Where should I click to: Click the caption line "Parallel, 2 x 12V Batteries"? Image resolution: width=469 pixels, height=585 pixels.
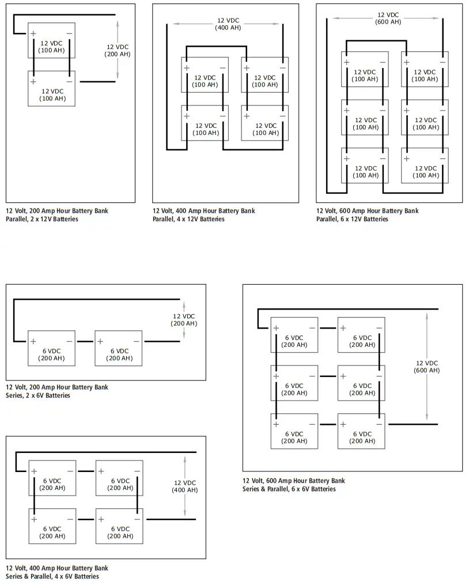coord(42,219)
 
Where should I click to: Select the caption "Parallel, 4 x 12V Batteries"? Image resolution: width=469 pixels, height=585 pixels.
coord(189,219)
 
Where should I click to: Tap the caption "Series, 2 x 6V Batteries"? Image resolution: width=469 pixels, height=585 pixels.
coord(38,395)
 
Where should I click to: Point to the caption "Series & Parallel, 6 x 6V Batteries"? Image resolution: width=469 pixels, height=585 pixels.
coord(289,489)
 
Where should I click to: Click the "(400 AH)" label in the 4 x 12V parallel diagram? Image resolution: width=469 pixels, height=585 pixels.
coord(228,28)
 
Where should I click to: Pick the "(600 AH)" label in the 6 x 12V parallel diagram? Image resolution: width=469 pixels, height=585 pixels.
coord(388,22)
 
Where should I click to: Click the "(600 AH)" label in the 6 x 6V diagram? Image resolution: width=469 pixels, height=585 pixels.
coord(426,370)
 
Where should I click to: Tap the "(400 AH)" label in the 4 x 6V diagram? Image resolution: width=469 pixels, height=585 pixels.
coord(184,490)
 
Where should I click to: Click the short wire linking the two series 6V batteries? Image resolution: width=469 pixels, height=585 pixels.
coord(85,341)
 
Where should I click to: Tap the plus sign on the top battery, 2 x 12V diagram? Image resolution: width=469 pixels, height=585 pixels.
coord(33,33)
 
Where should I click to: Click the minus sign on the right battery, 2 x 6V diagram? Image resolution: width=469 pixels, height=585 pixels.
coord(136,341)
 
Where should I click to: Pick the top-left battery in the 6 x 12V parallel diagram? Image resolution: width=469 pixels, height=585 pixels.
coord(365,69)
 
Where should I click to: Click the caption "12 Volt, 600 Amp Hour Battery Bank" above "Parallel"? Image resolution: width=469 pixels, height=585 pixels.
coord(367,211)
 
